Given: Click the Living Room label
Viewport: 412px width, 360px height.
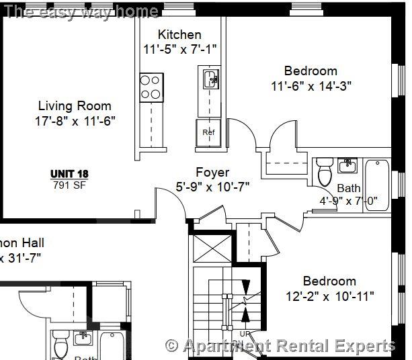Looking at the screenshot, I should [x=74, y=105].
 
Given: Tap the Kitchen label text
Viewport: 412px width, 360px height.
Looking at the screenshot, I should [x=179, y=34].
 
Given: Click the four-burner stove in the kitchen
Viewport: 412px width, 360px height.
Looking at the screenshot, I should [x=151, y=87].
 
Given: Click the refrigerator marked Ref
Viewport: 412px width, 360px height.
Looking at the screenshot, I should [x=208, y=131].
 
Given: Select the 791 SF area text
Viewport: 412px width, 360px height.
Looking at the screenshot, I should [x=69, y=185].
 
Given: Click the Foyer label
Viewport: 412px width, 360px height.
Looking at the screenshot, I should [x=212, y=173].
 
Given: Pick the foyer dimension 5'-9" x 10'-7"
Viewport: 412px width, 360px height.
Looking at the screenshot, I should [x=212, y=187].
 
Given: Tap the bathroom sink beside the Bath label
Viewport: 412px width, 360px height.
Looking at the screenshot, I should [x=347, y=165].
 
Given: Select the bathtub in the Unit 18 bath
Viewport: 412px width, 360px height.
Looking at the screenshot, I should [x=378, y=186].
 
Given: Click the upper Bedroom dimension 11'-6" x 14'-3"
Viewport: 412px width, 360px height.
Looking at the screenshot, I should [x=311, y=85].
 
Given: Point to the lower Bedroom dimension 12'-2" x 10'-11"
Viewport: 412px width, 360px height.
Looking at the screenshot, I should [x=329, y=296].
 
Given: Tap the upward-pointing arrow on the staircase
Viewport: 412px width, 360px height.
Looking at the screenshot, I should [x=245, y=314].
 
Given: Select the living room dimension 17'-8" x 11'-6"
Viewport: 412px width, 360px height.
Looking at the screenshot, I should [x=74, y=121].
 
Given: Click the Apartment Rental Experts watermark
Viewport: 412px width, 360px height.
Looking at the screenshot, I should [x=280, y=346].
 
